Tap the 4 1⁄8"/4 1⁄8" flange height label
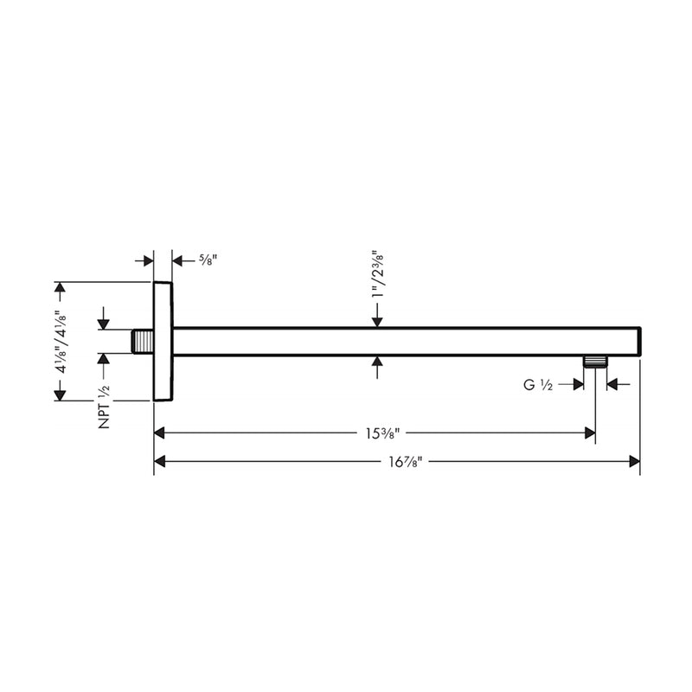click(x=60, y=341)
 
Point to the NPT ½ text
click(x=104, y=406)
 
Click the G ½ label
click(x=540, y=384)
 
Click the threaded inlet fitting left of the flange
click(x=143, y=341)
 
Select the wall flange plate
click(x=163, y=341)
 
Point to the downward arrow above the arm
click(x=376, y=321)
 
